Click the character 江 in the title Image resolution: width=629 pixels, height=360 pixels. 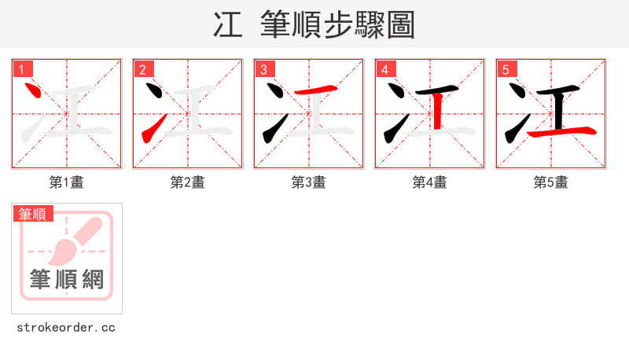228,25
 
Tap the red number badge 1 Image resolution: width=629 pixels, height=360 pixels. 21,69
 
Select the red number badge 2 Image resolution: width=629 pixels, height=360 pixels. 142,69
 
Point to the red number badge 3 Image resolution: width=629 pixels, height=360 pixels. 263,69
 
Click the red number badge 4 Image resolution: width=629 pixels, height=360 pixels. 384,69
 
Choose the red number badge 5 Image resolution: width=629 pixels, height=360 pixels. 506,69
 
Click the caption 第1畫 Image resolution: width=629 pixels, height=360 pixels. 67,182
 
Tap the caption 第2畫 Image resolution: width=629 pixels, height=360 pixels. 188,182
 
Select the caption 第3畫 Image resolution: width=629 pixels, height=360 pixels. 309,182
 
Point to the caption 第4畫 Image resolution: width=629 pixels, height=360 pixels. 430,182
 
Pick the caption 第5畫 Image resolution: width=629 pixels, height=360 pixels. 551,182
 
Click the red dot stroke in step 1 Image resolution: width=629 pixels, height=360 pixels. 33,92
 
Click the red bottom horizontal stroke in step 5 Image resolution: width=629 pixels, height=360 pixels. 560,131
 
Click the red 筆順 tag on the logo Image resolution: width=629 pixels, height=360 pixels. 33,214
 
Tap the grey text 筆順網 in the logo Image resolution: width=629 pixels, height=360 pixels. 67,280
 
